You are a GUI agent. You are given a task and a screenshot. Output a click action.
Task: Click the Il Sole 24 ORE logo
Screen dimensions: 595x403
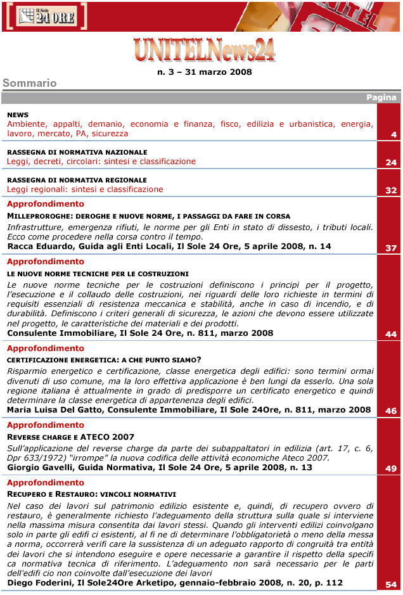(46, 16)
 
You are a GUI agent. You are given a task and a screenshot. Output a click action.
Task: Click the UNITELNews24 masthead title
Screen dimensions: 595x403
(204, 49)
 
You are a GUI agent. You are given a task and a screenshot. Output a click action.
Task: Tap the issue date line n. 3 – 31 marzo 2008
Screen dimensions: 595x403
(204, 72)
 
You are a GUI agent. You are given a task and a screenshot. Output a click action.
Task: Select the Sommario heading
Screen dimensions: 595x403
(30, 83)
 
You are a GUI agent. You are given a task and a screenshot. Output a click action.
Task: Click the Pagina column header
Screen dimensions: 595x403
(381, 98)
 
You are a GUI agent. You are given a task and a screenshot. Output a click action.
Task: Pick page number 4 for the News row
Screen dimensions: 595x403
(393, 135)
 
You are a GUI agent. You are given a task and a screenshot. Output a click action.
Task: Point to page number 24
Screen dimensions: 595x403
(391, 163)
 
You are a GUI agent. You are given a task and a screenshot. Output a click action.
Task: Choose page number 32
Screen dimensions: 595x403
(391, 191)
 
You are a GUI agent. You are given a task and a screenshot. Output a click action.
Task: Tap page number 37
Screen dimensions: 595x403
(391, 248)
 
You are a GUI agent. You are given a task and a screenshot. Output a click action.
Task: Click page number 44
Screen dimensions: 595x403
(391, 334)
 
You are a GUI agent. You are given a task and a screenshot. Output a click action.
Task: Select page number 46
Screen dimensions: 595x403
(391, 411)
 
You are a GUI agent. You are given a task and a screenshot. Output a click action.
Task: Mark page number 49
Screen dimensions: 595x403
(391, 469)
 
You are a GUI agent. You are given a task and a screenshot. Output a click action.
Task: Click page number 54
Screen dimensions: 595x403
(391, 585)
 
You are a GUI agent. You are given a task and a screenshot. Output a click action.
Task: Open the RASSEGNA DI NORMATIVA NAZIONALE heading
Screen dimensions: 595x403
(77, 152)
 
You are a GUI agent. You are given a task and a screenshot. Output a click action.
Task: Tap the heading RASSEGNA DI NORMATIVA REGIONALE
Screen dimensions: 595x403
(77, 180)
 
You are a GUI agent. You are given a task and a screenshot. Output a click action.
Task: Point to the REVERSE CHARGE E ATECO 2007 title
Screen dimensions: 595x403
(71, 437)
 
